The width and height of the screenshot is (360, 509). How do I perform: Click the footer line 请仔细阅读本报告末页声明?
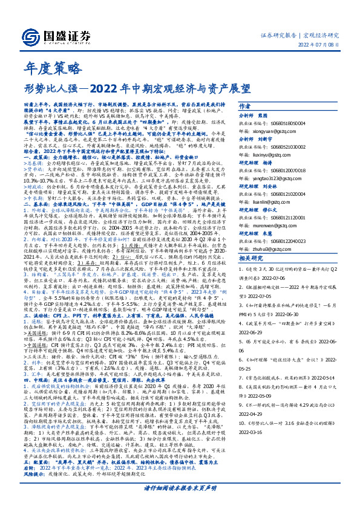pyautogui.click(x=180, y=487)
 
